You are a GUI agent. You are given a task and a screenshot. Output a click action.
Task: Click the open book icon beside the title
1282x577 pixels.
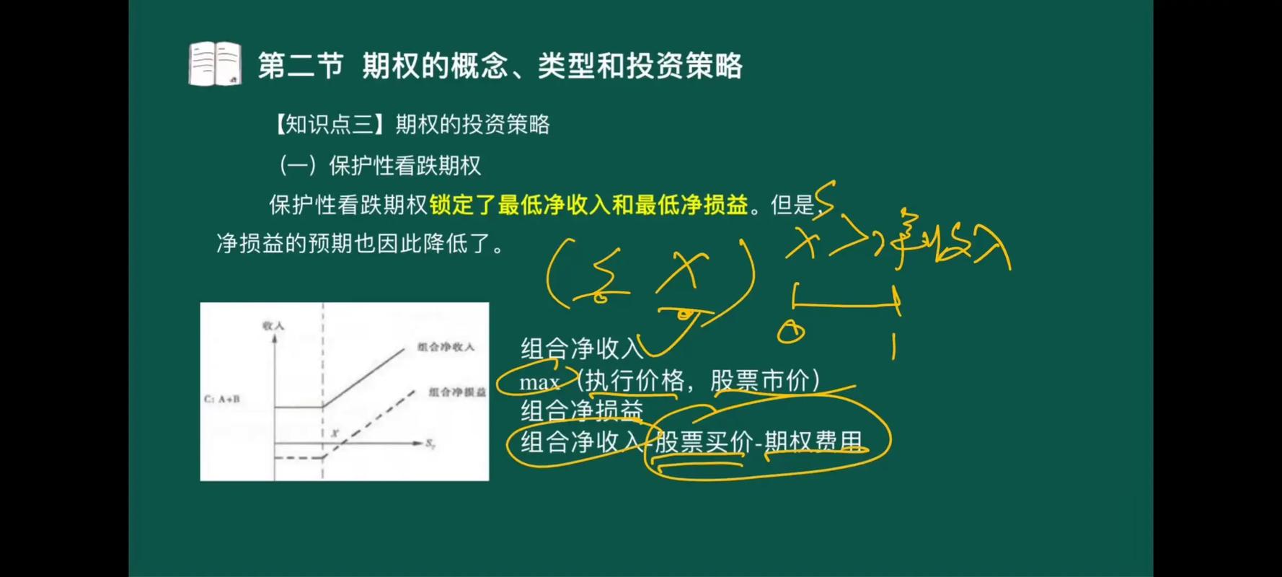pyautogui.click(x=214, y=63)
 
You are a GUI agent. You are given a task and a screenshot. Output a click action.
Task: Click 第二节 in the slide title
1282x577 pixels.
pyautogui.click(x=300, y=66)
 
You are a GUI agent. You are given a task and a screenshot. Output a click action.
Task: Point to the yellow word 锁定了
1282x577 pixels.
pyautogui.click(x=462, y=205)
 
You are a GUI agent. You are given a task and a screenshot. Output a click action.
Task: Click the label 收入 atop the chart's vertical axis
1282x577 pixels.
pyautogui.click(x=273, y=326)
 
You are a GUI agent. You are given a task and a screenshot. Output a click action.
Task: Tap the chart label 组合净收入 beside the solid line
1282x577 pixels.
pyautogui.click(x=446, y=347)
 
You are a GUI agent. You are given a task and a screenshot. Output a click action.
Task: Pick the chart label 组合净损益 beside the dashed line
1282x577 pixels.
pyautogui.click(x=457, y=392)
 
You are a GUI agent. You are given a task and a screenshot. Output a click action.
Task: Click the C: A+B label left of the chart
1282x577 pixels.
pyautogui.click(x=221, y=399)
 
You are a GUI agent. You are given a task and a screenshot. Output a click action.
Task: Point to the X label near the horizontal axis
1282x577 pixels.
pyautogui.click(x=335, y=433)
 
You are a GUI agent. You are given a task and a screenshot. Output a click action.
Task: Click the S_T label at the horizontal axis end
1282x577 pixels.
pyautogui.click(x=430, y=444)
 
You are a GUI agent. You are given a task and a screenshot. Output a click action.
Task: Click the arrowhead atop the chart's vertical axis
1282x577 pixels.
pyautogui.click(x=274, y=338)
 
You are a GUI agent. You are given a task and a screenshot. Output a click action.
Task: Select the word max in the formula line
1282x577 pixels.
pyautogui.click(x=539, y=382)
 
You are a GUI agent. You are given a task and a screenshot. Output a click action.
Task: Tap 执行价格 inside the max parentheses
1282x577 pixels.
pyautogui.click(x=634, y=380)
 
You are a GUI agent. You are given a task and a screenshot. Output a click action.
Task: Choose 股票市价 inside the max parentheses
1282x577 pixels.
pyautogui.click(x=759, y=380)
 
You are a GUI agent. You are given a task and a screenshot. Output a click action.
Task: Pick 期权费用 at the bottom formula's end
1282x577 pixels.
pyautogui.click(x=813, y=441)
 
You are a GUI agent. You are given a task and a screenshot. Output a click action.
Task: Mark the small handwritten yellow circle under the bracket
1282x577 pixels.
pyautogui.click(x=791, y=332)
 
